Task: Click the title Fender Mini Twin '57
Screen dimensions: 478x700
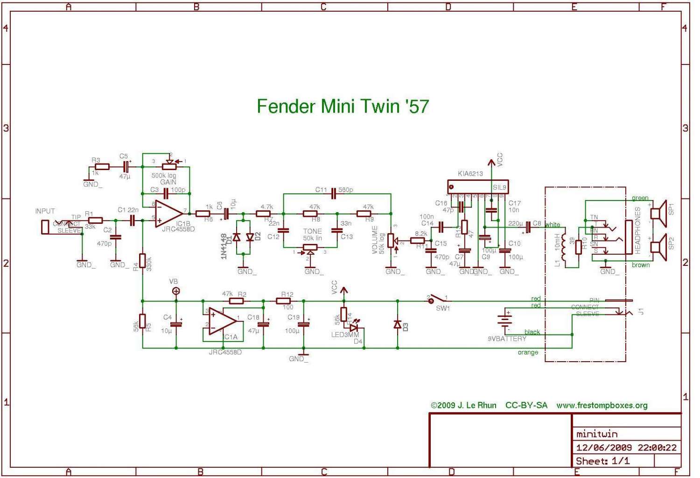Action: pyautogui.click(x=343, y=107)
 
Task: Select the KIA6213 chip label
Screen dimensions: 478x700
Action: pyautogui.click(x=470, y=174)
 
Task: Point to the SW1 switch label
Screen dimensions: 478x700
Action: pyautogui.click(x=442, y=308)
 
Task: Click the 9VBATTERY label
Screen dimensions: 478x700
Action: pyautogui.click(x=507, y=339)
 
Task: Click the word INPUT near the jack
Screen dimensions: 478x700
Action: pyautogui.click(x=45, y=211)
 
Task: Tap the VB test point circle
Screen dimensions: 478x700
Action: pyautogui.click(x=176, y=291)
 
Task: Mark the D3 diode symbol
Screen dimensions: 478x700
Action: pyautogui.click(x=398, y=324)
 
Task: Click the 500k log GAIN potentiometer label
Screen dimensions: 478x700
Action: pyautogui.click(x=164, y=178)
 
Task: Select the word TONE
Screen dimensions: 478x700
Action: pyautogui.click(x=312, y=231)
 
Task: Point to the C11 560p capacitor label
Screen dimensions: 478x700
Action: pyautogui.click(x=334, y=190)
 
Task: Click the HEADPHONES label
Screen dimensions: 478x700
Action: pyautogui.click(x=638, y=231)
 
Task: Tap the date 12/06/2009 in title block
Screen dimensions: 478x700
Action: pyautogui.click(x=604, y=447)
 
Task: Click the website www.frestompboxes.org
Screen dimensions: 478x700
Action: pyautogui.click(x=602, y=405)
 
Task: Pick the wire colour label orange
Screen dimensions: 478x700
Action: pyautogui.click(x=528, y=352)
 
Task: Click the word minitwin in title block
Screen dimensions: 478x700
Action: pyautogui.click(x=597, y=434)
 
